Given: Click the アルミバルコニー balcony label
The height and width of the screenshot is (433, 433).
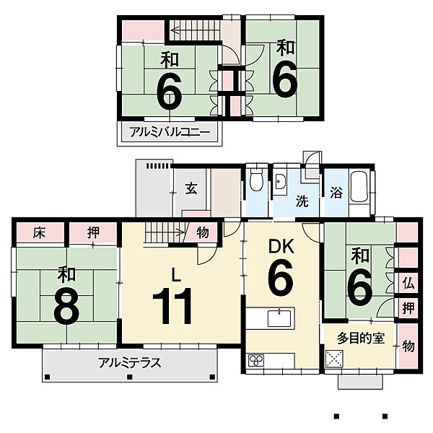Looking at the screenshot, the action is point(170,132).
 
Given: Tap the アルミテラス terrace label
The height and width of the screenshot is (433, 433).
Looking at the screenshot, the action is point(129,362).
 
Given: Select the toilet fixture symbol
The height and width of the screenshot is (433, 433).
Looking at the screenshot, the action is point(256,180).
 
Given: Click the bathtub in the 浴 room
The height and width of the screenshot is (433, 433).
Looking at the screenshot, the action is point(359,187).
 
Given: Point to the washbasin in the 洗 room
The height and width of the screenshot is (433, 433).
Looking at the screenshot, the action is point(280,182).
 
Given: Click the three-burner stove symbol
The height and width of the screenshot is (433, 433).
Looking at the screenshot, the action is point(256,360).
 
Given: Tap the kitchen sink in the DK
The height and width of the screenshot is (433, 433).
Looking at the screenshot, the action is point(279,318).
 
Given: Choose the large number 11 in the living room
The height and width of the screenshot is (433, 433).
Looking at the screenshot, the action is point(172,306).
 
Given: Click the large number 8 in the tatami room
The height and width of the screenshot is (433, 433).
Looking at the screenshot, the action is point(66,307).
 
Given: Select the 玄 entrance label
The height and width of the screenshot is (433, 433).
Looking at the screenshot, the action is point(191,188).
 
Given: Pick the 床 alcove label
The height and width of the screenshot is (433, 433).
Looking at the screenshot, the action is point(39,233).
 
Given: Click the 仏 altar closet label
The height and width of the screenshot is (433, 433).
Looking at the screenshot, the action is point(408,283).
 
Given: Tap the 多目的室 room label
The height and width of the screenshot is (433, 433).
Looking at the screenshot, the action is point(361,338).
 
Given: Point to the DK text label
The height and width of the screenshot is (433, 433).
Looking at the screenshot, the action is point(281,247).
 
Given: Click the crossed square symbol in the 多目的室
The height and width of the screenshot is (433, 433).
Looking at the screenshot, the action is point(334,359).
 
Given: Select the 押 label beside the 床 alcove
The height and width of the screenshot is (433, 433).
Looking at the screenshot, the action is point(93,233).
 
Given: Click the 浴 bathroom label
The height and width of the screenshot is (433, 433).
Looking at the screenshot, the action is point(336,193).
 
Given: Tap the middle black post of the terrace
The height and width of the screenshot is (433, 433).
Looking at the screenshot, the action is point(129,377).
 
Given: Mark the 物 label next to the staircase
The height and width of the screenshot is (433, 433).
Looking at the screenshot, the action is point(203,233).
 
